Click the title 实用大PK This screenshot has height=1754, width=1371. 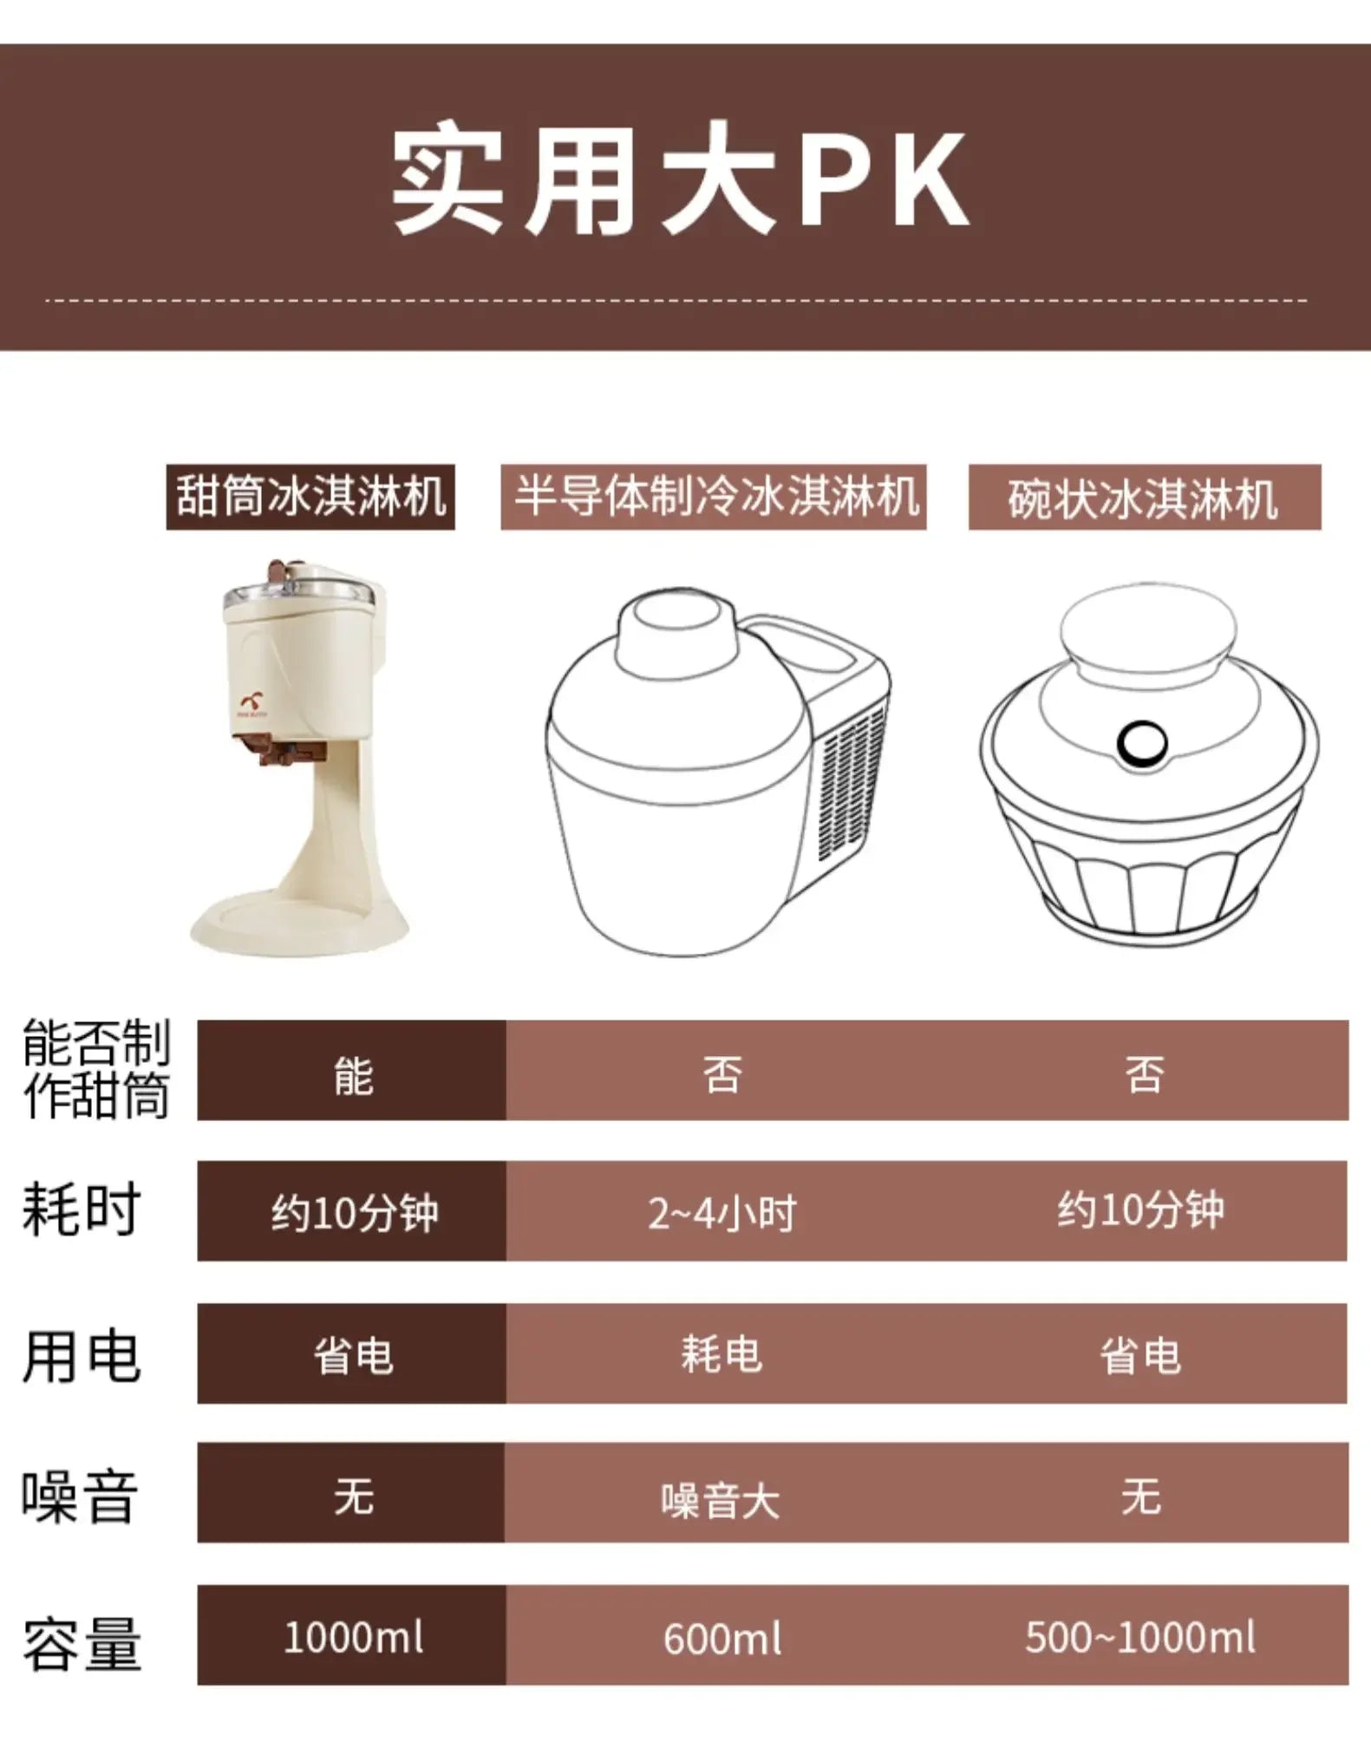coord(681,182)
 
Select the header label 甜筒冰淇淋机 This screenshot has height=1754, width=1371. coord(310,498)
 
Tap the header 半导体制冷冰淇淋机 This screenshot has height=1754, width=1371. coord(714,498)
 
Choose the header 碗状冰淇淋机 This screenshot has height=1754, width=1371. coord(1144,499)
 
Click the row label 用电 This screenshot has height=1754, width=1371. coord(81,1355)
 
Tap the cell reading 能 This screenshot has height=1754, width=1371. coord(353,1076)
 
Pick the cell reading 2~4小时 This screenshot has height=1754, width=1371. coord(722,1213)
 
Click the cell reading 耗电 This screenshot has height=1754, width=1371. coord(721,1354)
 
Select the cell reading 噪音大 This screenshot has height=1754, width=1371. coord(721,1501)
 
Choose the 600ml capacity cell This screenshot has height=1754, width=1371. coord(722,1640)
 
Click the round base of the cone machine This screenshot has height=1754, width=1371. coord(299,923)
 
